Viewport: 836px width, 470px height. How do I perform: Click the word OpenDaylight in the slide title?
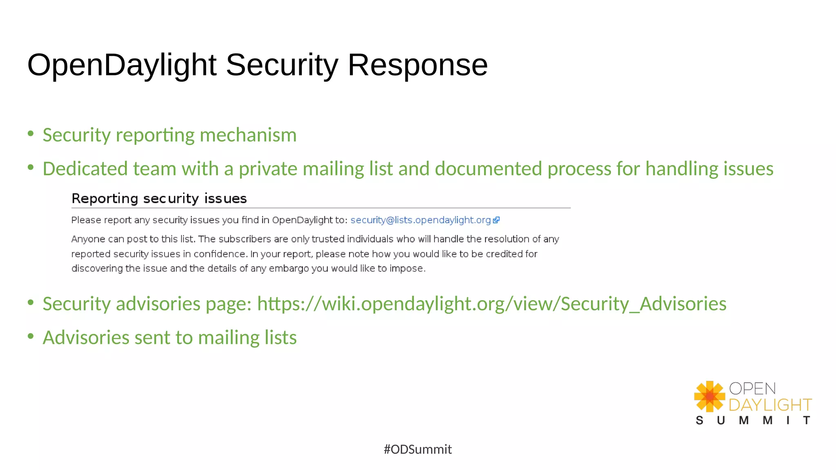122,65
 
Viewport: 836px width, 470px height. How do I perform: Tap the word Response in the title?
418,65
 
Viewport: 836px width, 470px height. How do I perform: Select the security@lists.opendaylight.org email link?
420,220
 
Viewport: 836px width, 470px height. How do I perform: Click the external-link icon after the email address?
496,220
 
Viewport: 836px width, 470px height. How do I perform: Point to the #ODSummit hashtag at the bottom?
418,449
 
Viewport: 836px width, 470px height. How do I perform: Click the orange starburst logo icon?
709,396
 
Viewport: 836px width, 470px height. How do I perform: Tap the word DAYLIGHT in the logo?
770,405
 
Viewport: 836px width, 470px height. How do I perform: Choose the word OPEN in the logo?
752,389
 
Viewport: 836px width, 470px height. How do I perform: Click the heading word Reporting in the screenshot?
105,199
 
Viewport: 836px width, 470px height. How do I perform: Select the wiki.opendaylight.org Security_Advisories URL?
491,304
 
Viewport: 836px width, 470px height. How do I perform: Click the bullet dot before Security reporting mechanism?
31,133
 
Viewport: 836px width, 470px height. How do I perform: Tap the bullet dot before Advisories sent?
31,336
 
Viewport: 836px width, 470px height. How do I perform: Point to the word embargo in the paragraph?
289,268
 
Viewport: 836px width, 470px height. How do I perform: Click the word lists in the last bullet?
280,338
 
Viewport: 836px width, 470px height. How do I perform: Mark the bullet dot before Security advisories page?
31,302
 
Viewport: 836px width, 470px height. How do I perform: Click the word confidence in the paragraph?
220,254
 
